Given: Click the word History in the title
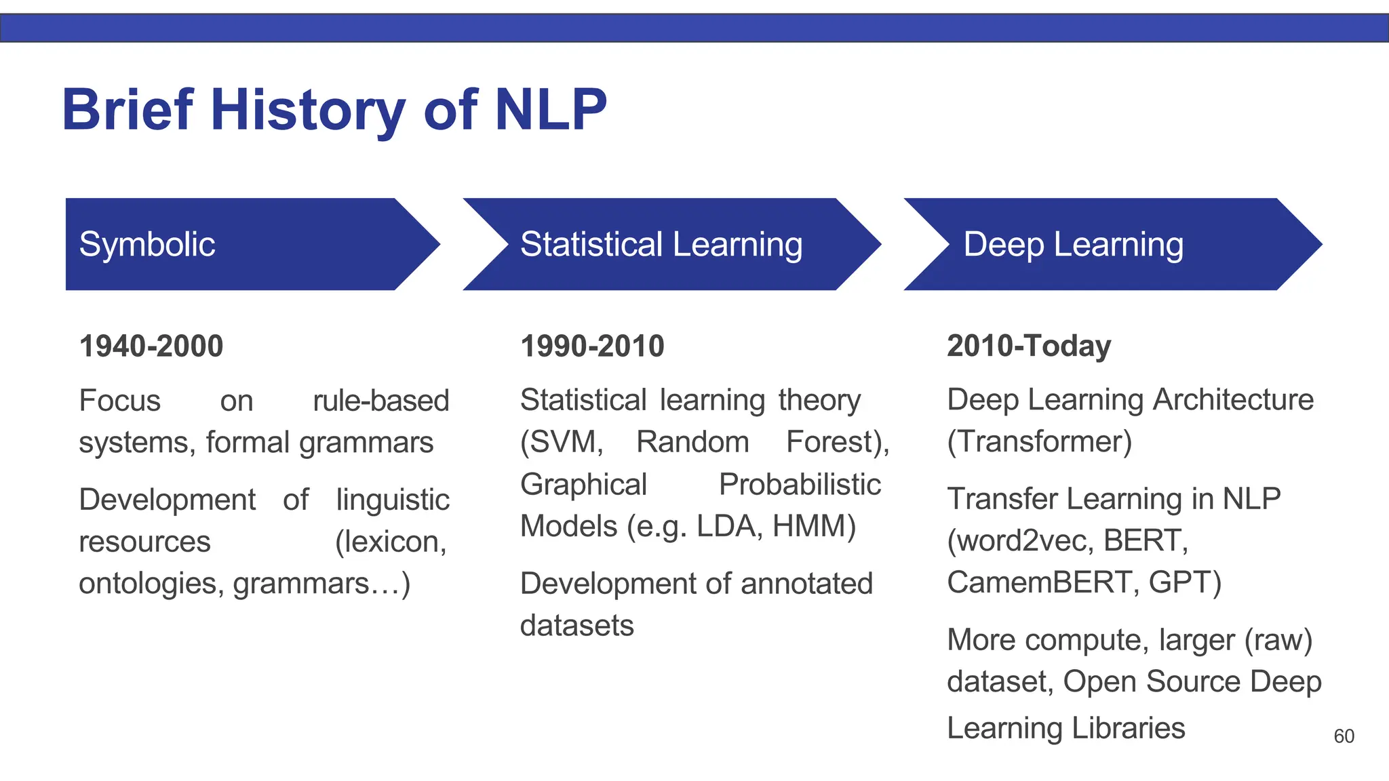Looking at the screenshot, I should click(x=307, y=111).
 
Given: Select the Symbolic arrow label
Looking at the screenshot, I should click(x=147, y=244).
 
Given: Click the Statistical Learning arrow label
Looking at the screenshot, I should click(x=661, y=244).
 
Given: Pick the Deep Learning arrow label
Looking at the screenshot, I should click(x=1073, y=244).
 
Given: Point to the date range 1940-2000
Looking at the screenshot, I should click(x=151, y=346).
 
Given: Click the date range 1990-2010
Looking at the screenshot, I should click(x=592, y=346).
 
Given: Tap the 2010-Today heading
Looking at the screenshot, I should click(x=1029, y=346).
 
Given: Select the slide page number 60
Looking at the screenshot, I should click(x=1344, y=736).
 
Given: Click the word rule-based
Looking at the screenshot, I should click(x=380, y=401).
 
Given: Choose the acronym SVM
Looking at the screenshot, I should click(x=562, y=442).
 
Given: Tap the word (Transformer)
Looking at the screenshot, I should click(x=1039, y=442).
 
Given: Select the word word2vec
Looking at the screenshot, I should click(x=1020, y=540).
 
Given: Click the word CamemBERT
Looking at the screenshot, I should click(x=1042, y=582).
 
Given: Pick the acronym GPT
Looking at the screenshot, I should click(x=1184, y=582).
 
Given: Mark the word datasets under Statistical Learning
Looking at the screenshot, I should click(x=576, y=625).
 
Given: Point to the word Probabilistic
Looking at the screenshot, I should click(x=800, y=484).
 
